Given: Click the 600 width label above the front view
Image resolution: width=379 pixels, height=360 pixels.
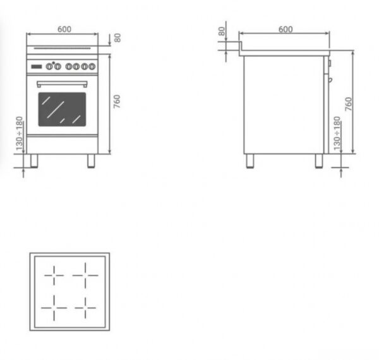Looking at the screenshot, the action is (x=64, y=29).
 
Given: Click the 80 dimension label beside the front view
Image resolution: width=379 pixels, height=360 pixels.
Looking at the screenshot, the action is (x=117, y=38).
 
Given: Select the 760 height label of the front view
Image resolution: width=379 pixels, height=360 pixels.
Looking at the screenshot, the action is (x=117, y=102).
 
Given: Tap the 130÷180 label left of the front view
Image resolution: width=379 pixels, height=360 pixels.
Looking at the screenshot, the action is (x=20, y=133).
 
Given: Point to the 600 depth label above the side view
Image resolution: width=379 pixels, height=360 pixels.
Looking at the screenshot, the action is (x=286, y=30).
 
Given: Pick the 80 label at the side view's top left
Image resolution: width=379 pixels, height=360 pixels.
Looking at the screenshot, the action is (x=222, y=32).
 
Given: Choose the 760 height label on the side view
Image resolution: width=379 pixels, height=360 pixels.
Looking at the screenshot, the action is (x=349, y=104).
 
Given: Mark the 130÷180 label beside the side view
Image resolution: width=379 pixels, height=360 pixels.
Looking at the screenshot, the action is (x=337, y=133).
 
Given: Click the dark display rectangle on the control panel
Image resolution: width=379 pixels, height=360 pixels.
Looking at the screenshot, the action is (x=36, y=66).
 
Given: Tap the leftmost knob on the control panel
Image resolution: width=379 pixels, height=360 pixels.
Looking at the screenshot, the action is (x=49, y=66).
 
